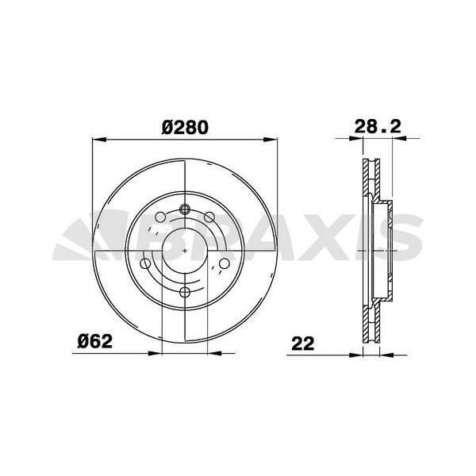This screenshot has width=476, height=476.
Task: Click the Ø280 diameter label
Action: coord(185,127)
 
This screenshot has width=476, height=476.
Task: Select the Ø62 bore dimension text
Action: coord(95,341)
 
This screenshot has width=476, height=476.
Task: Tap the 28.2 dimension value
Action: coord(378,126)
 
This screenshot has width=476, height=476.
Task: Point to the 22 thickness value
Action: coord(303,344)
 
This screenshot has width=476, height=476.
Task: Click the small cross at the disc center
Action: coord(185,251)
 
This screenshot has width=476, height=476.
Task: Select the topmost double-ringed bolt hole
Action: coord(185,209)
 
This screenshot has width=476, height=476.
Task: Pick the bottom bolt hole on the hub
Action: coord(185,292)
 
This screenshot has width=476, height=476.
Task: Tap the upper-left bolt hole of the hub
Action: coord(160,217)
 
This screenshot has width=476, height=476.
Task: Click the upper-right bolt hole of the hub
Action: coord(209,217)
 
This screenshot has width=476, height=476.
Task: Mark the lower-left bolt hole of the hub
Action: coord(145,263)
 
